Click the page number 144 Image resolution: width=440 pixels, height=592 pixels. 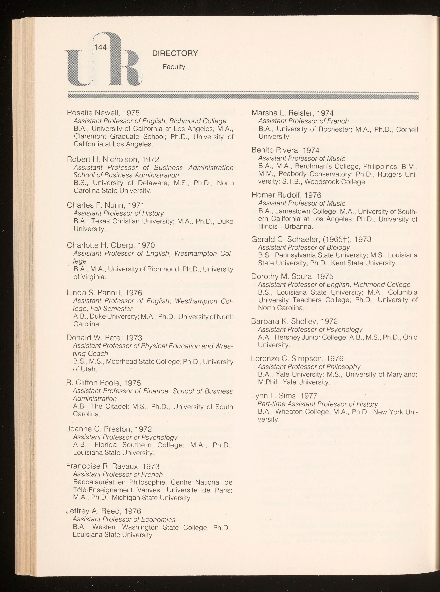coord(100,47)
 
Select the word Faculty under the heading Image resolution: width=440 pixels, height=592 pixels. coord(174,67)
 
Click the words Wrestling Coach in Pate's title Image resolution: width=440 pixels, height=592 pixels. coord(91,354)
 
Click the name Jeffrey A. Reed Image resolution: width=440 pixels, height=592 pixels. coord(93,511)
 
